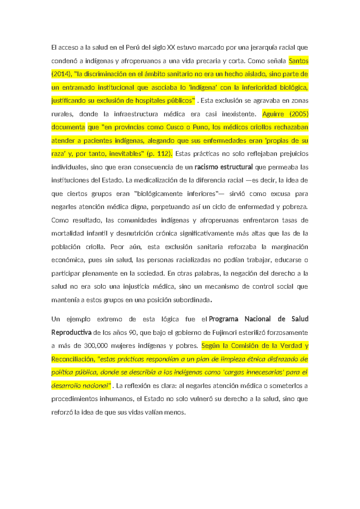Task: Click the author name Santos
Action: [x=298, y=61]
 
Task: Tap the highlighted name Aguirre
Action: [x=273, y=114]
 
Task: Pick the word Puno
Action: [x=200, y=127]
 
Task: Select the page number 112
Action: [x=163, y=154]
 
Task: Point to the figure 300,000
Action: [x=96, y=346]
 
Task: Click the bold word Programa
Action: [x=223, y=319]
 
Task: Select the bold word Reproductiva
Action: [x=71, y=333]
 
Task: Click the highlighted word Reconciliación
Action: [x=73, y=359]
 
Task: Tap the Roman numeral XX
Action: [x=171, y=47]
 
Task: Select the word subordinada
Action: [x=192, y=300]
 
